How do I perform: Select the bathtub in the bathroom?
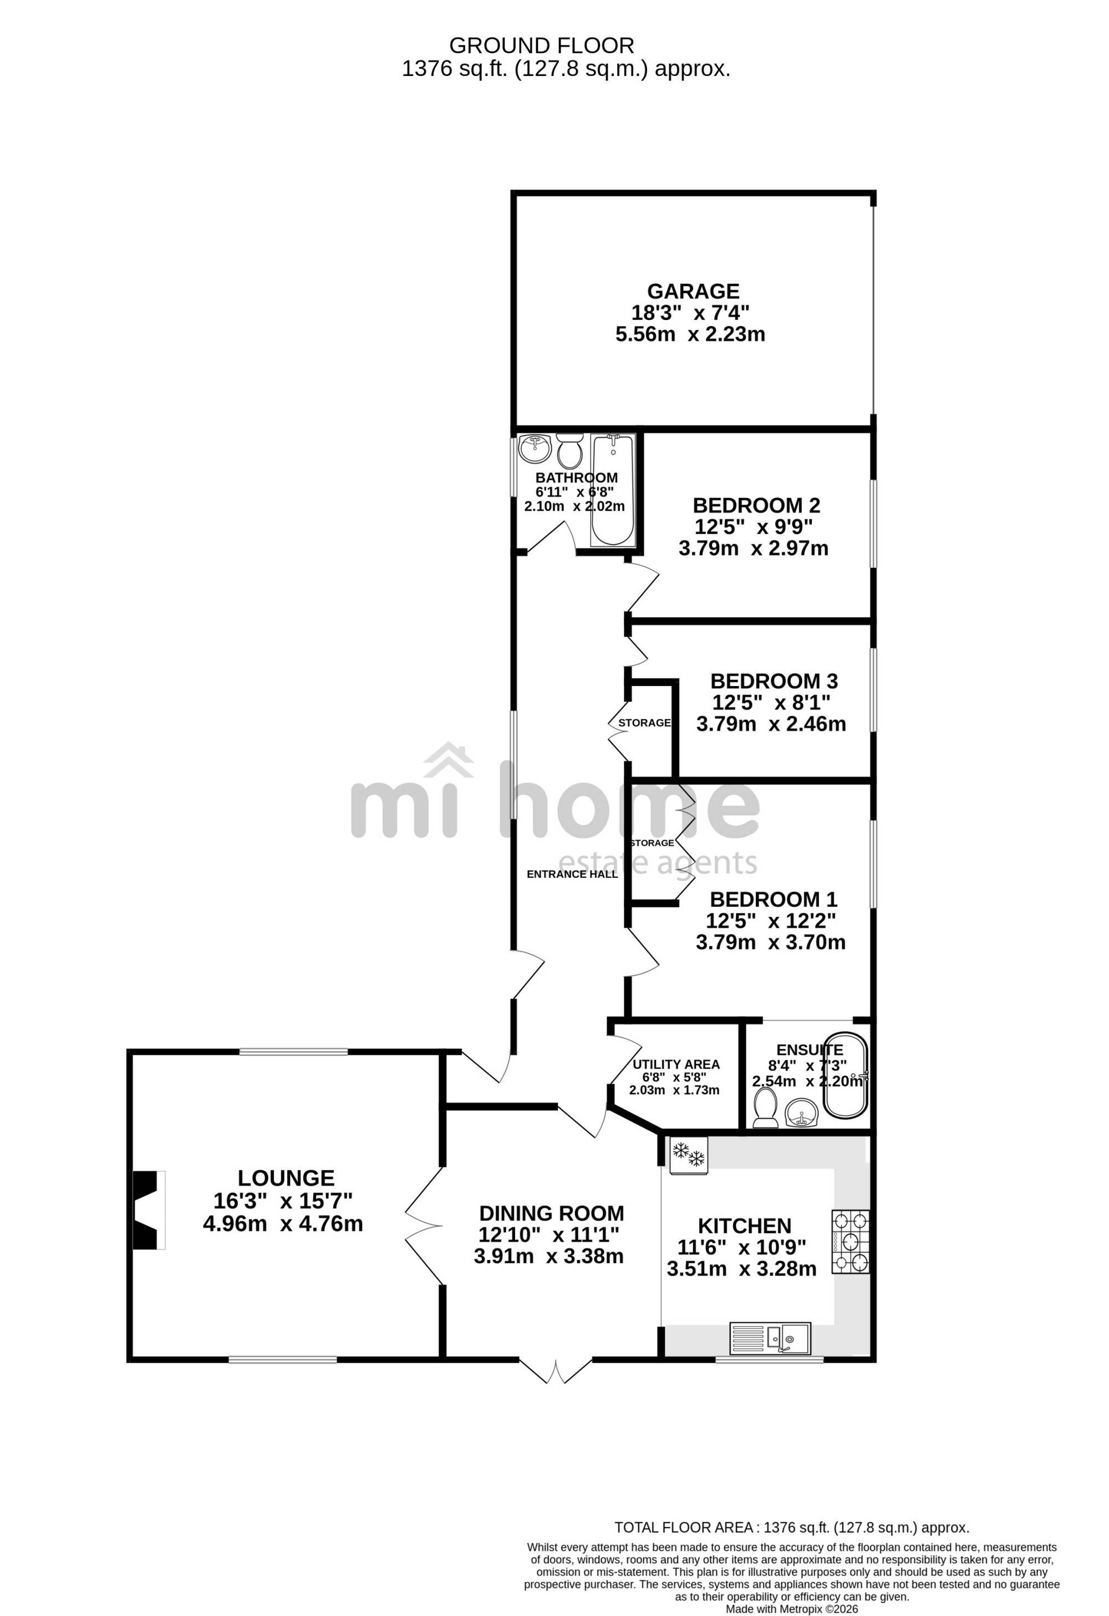(613, 490)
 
